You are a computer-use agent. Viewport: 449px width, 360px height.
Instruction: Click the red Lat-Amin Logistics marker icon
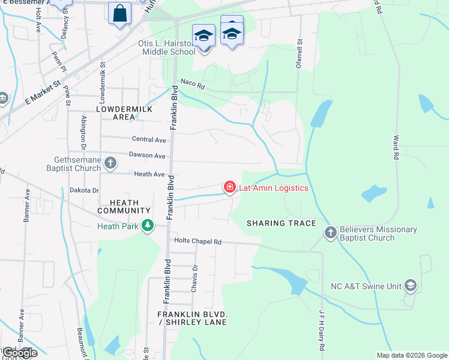(x=229, y=188)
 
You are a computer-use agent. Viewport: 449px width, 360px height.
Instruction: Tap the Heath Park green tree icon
(x=147, y=226)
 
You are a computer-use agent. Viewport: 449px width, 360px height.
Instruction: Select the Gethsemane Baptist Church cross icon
(x=110, y=163)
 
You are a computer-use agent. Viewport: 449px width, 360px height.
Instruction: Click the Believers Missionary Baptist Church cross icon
(x=330, y=232)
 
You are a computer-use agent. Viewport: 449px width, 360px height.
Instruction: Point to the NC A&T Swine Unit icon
(x=410, y=286)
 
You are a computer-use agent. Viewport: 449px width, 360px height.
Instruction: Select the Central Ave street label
(x=149, y=140)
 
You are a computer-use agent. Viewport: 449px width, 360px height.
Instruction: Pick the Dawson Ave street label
(x=147, y=155)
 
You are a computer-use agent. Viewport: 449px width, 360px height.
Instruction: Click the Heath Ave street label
(x=149, y=174)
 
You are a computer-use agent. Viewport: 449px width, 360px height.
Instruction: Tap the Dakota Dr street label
(x=85, y=190)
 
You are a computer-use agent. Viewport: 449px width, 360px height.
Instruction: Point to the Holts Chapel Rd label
(x=197, y=242)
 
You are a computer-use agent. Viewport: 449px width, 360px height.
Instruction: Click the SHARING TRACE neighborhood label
(x=282, y=223)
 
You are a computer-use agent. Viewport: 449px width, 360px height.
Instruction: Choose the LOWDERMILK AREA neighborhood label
(x=124, y=112)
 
